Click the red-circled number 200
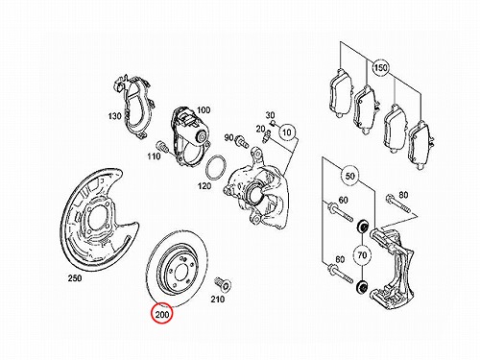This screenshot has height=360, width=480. coord(162,314)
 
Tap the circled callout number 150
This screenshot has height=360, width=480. coord(380,68)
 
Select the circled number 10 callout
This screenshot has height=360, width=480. coord(287,132)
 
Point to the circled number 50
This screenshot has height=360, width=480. coord(350,176)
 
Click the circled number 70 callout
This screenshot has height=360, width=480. coord(362,255)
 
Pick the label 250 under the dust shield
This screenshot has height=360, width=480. coord(75,278)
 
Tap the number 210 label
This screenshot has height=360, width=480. coord(218,300)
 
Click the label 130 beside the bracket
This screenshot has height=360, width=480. coord(115,115)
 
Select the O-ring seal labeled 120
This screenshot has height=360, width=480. coord(216,168)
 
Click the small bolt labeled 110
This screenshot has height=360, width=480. coord(161,147)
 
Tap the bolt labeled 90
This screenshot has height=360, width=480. coord(241,141)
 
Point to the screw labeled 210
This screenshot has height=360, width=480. coord(224,283)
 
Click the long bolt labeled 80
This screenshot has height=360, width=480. coord(398,204)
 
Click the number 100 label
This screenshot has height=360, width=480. coord(204,110)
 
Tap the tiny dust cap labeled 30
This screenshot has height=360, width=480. coord(274,122)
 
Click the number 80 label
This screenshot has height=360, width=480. coord(403,194)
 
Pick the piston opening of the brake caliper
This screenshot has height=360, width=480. coord(254,193)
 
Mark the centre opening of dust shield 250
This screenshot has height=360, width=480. coord(95,216)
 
